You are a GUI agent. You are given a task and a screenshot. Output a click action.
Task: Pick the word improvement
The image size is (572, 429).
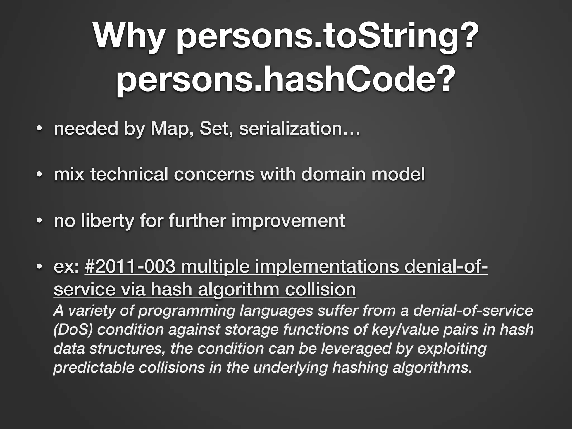[x=288, y=220]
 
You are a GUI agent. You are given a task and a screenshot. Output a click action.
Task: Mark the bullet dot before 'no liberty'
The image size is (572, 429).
[x=39, y=221]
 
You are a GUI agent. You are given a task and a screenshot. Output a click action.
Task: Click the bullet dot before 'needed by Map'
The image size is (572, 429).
[x=39, y=129]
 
